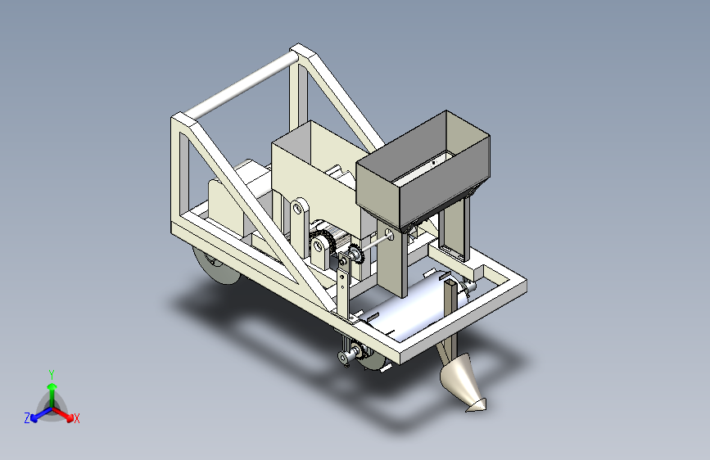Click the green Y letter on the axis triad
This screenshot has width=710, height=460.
(x=52, y=373)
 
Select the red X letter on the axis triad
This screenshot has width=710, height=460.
(x=77, y=418)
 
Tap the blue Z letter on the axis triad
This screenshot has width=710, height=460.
(x=27, y=417)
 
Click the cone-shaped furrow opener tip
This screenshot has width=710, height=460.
(x=464, y=385)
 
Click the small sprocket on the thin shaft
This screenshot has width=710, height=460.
(x=354, y=255)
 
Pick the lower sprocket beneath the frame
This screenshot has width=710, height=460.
(x=348, y=356)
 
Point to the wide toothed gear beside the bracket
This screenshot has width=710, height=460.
(x=324, y=243)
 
